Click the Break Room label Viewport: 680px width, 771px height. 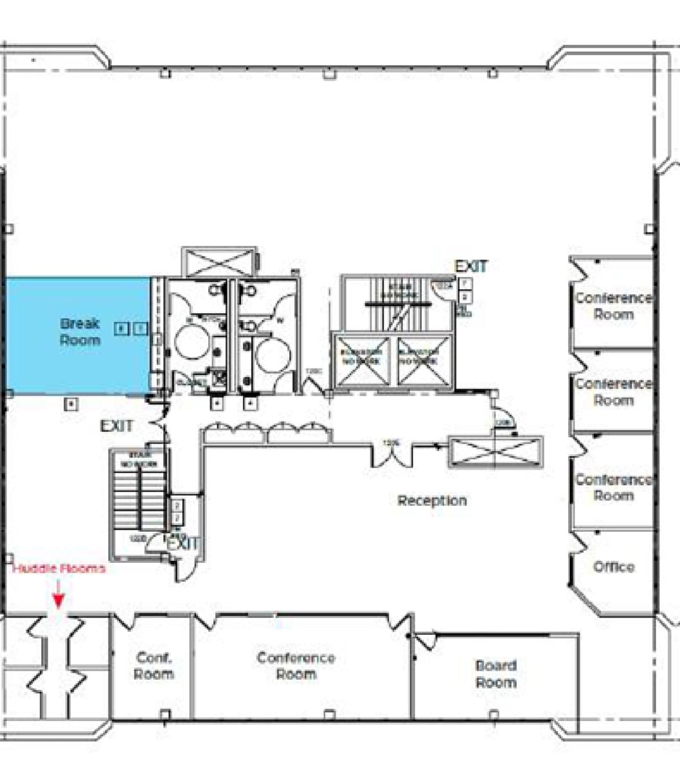pyautogui.click(x=80, y=332)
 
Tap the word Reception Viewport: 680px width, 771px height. pyautogui.click(x=432, y=501)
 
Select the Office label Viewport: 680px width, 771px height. pyautogui.click(x=614, y=567)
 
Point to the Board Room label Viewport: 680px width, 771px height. pyautogui.click(x=496, y=673)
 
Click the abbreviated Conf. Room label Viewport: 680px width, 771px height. pyautogui.click(x=154, y=666)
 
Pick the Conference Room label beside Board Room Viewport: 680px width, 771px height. pyautogui.click(x=296, y=666)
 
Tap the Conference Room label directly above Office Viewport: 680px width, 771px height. pyautogui.click(x=613, y=488)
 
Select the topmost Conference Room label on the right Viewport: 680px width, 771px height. pyautogui.click(x=613, y=306)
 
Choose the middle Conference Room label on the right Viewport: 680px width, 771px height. pyautogui.click(x=613, y=392)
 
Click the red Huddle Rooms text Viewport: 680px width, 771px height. pyautogui.click(x=59, y=569)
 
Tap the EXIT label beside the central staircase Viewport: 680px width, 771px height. pyautogui.click(x=471, y=266)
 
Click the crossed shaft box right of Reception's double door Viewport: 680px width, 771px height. pyautogui.click(x=496, y=452)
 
